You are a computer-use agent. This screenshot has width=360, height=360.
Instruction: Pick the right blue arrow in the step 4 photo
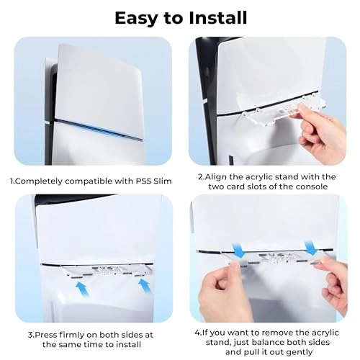(312, 247)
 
